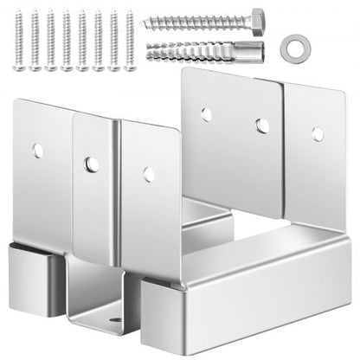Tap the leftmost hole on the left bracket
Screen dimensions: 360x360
37,150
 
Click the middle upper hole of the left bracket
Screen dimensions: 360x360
89,162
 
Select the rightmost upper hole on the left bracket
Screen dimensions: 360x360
150,175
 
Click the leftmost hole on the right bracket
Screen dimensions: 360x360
207,113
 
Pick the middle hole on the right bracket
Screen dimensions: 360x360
262,125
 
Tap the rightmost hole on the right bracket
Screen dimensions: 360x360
318,134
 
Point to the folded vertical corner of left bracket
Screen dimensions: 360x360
115,199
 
